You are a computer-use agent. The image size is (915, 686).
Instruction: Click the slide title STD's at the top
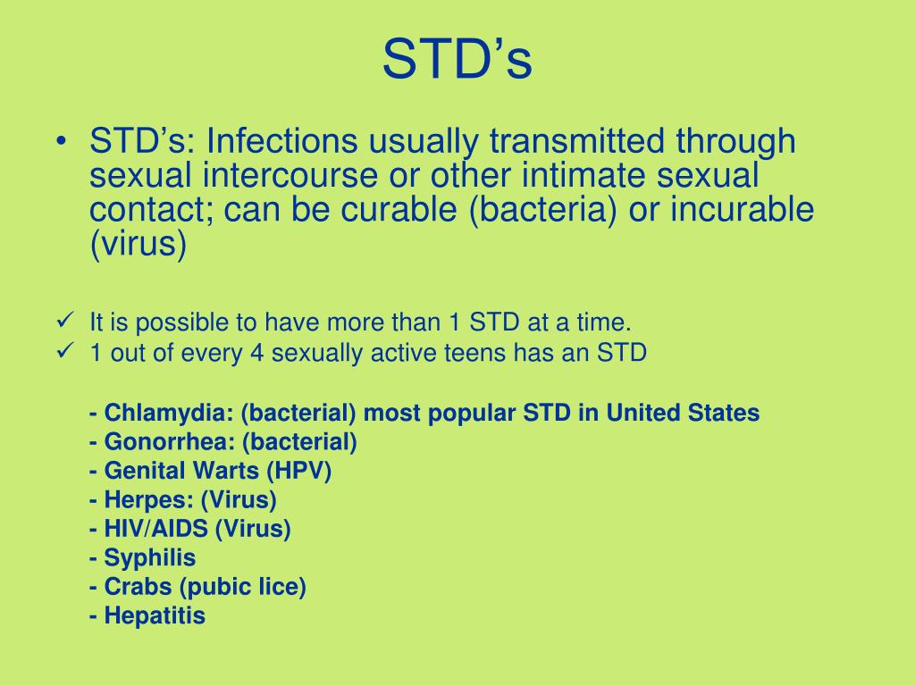(x=457, y=61)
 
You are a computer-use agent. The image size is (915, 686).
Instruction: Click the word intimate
(x=578, y=175)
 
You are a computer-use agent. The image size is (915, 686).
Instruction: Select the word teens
(x=466, y=353)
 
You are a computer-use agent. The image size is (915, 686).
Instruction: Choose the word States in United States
(x=723, y=414)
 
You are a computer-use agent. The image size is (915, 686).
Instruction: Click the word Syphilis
(x=149, y=558)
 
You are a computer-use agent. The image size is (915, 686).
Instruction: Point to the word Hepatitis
(x=155, y=615)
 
